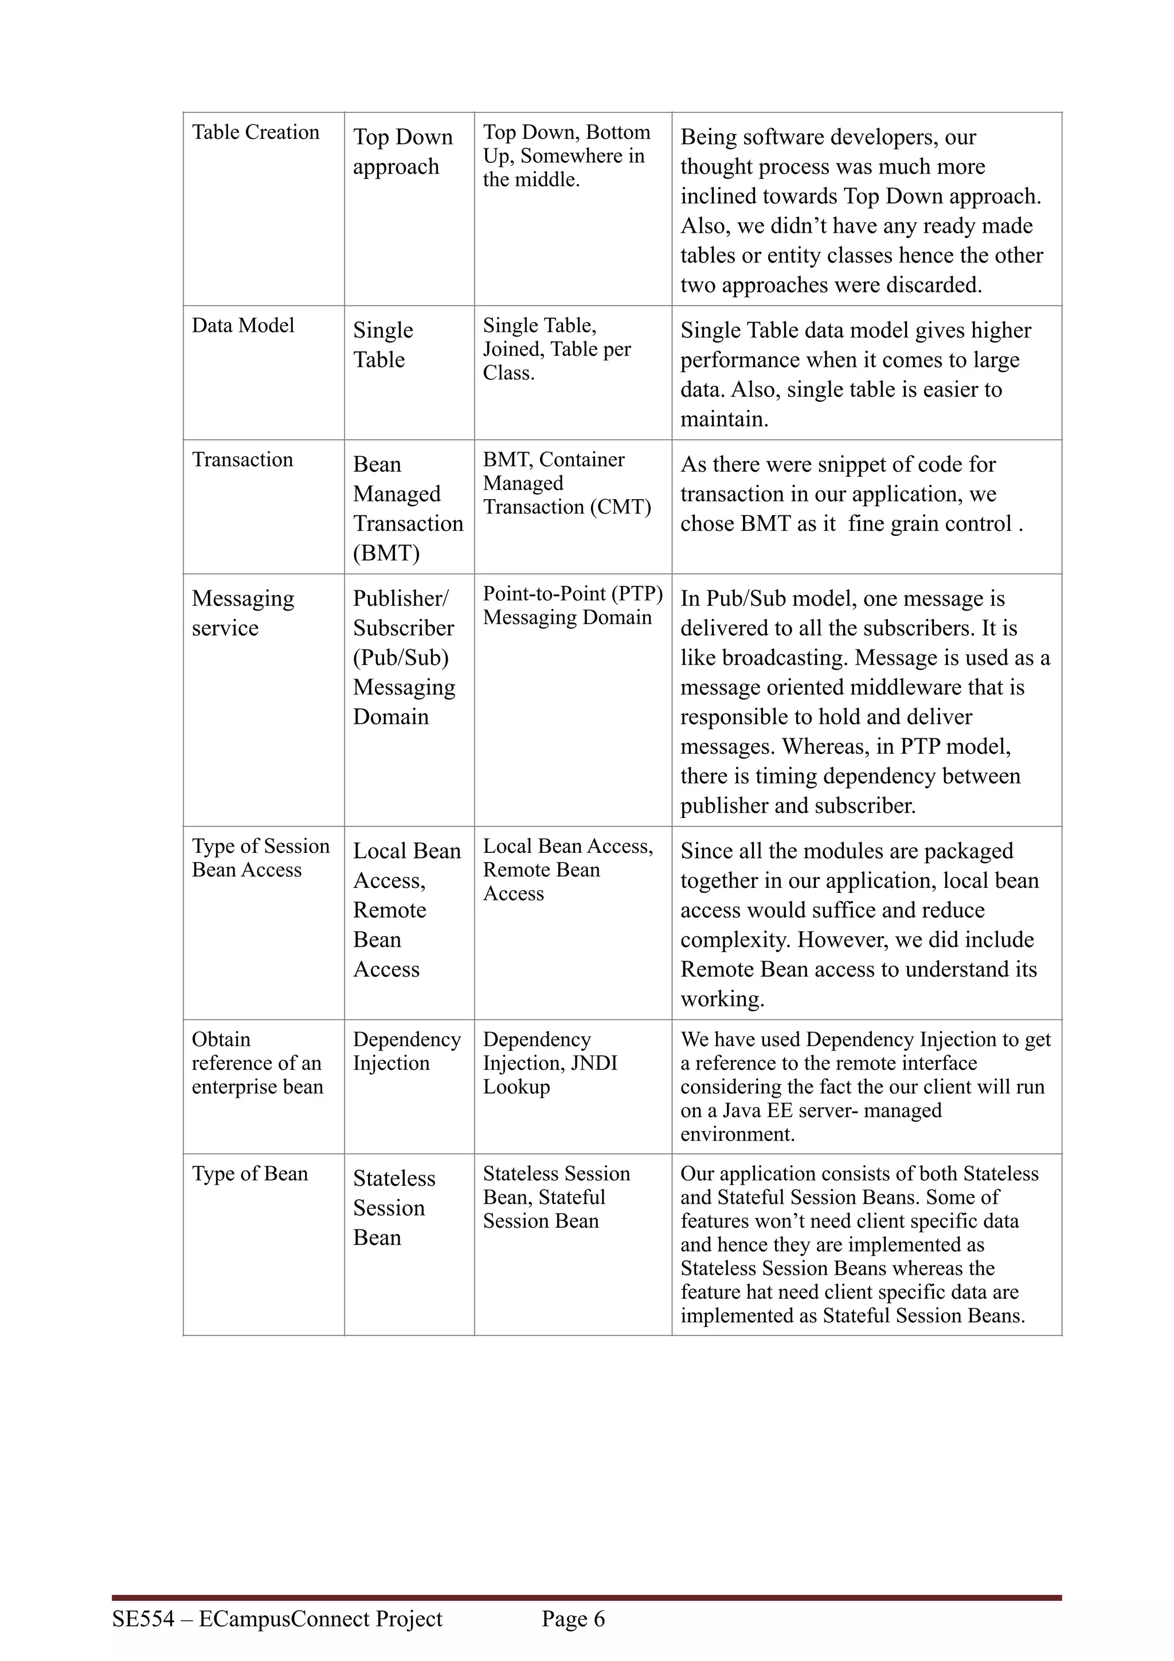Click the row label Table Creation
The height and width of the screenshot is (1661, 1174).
(x=255, y=132)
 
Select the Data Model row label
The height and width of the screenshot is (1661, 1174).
(x=243, y=326)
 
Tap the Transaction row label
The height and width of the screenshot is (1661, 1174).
(x=242, y=459)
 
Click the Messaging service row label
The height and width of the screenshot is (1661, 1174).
(x=243, y=613)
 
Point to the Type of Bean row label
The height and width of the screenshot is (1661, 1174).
(x=249, y=1173)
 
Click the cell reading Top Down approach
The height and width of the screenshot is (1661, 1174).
(x=403, y=151)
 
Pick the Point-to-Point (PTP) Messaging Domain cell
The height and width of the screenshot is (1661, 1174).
(x=572, y=605)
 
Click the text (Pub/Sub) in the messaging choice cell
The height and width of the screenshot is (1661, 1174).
(x=401, y=657)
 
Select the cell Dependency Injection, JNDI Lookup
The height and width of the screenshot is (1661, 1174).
(x=550, y=1063)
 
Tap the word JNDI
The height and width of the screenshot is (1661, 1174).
(x=593, y=1063)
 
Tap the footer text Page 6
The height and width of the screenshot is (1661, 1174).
(x=573, y=1619)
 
